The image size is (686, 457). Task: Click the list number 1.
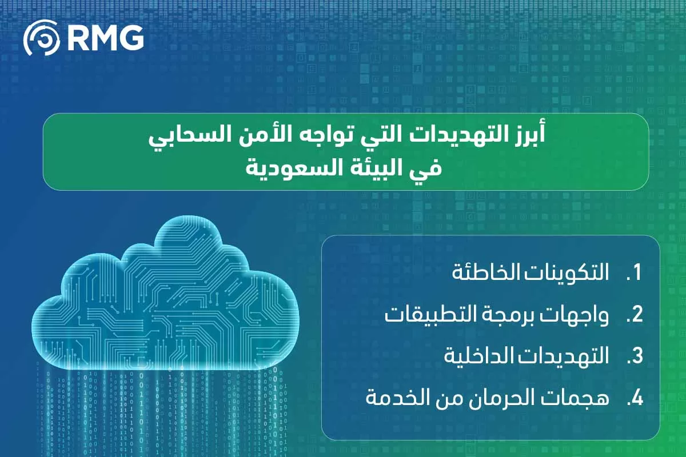[636, 273]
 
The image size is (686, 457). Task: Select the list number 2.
[635, 315]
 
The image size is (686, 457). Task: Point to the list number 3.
[635, 356]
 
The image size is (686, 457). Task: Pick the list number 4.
[635, 399]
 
